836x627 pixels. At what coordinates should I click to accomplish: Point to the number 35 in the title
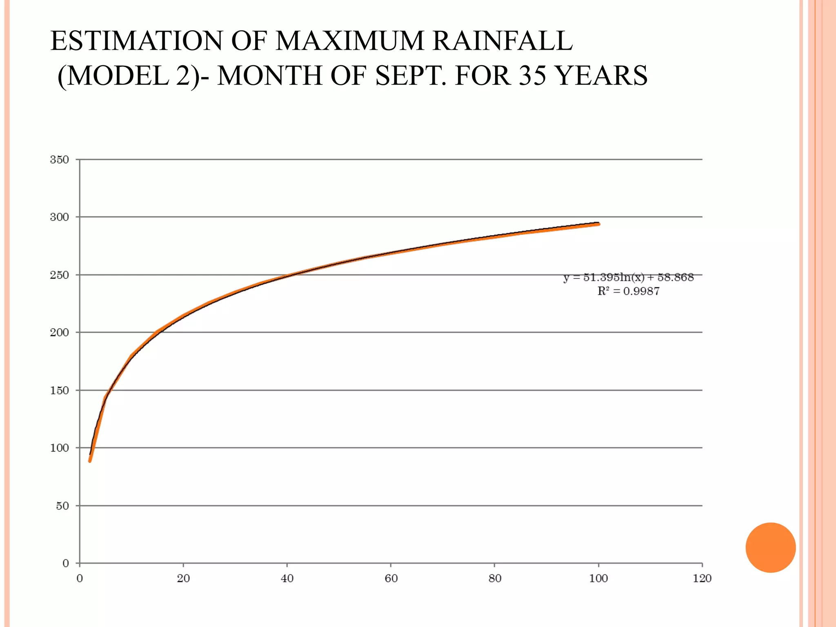[532, 76]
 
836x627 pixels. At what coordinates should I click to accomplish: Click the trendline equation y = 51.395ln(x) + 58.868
[628, 278]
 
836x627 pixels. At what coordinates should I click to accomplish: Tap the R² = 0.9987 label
[628, 291]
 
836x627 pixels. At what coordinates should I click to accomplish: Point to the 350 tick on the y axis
[60, 160]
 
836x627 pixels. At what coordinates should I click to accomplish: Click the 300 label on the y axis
[60, 217]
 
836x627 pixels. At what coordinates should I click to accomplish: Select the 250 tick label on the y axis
[60, 275]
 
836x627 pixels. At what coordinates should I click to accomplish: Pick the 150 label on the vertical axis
[60, 391]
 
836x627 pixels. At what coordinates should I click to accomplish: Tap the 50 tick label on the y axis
[62, 506]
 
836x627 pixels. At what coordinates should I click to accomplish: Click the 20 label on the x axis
[183, 578]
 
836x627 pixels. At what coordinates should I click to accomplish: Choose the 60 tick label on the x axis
[391, 578]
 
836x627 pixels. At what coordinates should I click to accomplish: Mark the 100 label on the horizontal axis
[598, 578]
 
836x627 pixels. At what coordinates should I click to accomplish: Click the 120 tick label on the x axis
[702, 578]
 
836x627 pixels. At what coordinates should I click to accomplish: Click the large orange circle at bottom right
[770, 547]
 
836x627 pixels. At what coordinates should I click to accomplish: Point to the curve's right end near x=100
[598, 224]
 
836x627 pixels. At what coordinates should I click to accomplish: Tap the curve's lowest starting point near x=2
[90, 461]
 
